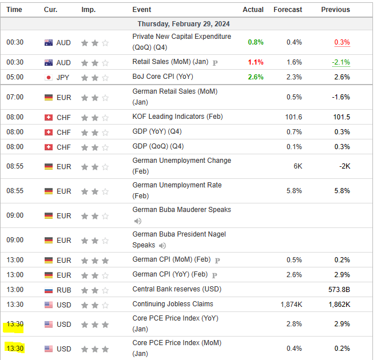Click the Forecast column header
[288, 10]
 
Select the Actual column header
[253, 10]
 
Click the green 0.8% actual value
[256, 42]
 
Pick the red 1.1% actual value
[256, 62]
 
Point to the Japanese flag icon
[49, 77]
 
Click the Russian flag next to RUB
[49, 290]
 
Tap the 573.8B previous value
[339, 290]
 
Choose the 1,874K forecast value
[291, 305]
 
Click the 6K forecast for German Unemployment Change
[297, 166]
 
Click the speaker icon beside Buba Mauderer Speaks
[138, 221]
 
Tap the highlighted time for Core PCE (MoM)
[14, 348]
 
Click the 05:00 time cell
[15, 77]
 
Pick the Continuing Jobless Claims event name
[172, 304]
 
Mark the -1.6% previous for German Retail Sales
[341, 97]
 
